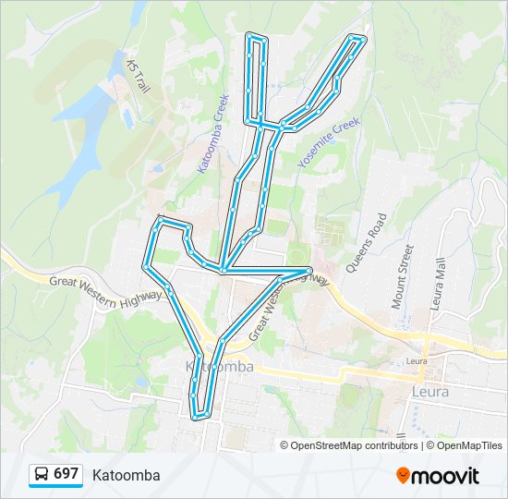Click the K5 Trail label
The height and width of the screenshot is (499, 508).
click(x=138, y=76)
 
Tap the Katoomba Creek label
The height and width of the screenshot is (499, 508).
click(x=212, y=133)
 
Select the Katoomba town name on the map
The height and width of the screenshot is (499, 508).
click(x=220, y=367)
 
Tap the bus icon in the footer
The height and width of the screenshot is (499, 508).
click(x=42, y=475)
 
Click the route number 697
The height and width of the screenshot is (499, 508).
click(x=66, y=474)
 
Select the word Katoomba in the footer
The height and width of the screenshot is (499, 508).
click(x=126, y=475)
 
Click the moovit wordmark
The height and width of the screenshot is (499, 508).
click(x=446, y=476)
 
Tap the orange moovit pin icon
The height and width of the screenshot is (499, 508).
click(x=403, y=475)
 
